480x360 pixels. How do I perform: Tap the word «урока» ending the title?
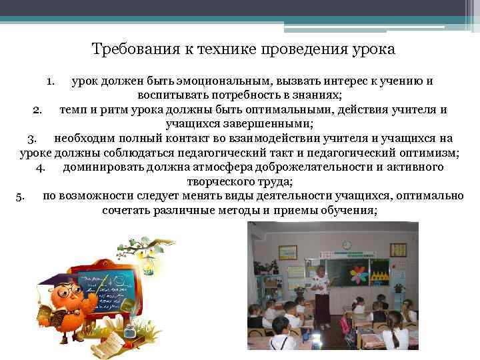pyautogui.click(x=374, y=50)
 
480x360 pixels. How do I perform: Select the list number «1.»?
pyautogui.click(x=51, y=81)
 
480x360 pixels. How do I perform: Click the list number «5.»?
pyautogui.click(x=19, y=196)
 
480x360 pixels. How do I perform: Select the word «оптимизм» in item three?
pyautogui.click(x=430, y=153)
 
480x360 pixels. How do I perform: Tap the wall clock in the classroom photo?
pyautogui.click(x=347, y=245)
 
